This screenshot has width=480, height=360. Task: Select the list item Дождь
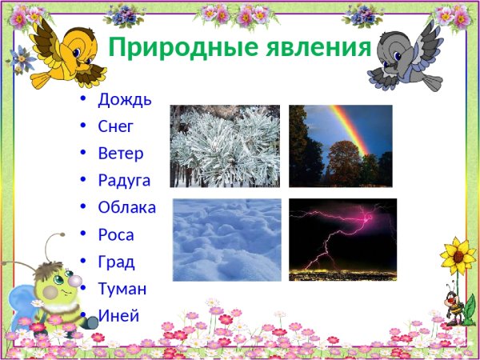pyautogui.click(x=124, y=100)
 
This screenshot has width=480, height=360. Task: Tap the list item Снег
pyautogui.click(x=116, y=126)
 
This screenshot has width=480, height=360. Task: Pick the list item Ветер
pyautogui.click(x=121, y=154)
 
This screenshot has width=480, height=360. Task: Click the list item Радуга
pyautogui.click(x=124, y=181)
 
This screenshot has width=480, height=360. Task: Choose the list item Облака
pyautogui.click(x=126, y=208)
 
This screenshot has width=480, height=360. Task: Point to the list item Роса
pyautogui.click(x=116, y=235)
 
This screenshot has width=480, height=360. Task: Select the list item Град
pyautogui.click(x=116, y=262)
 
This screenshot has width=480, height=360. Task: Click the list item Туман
pyautogui.click(x=122, y=289)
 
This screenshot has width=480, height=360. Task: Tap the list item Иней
pyautogui.click(x=118, y=315)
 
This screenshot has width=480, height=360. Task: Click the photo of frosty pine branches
pyautogui.click(x=225, y=146)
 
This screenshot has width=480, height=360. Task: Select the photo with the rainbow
pyautogui.click(x=340, y=146)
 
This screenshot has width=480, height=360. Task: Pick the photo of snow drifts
pyautogui.click(x=227, y=239)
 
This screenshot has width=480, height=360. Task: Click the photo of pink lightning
pyautogui.click(x=342, y=239)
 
